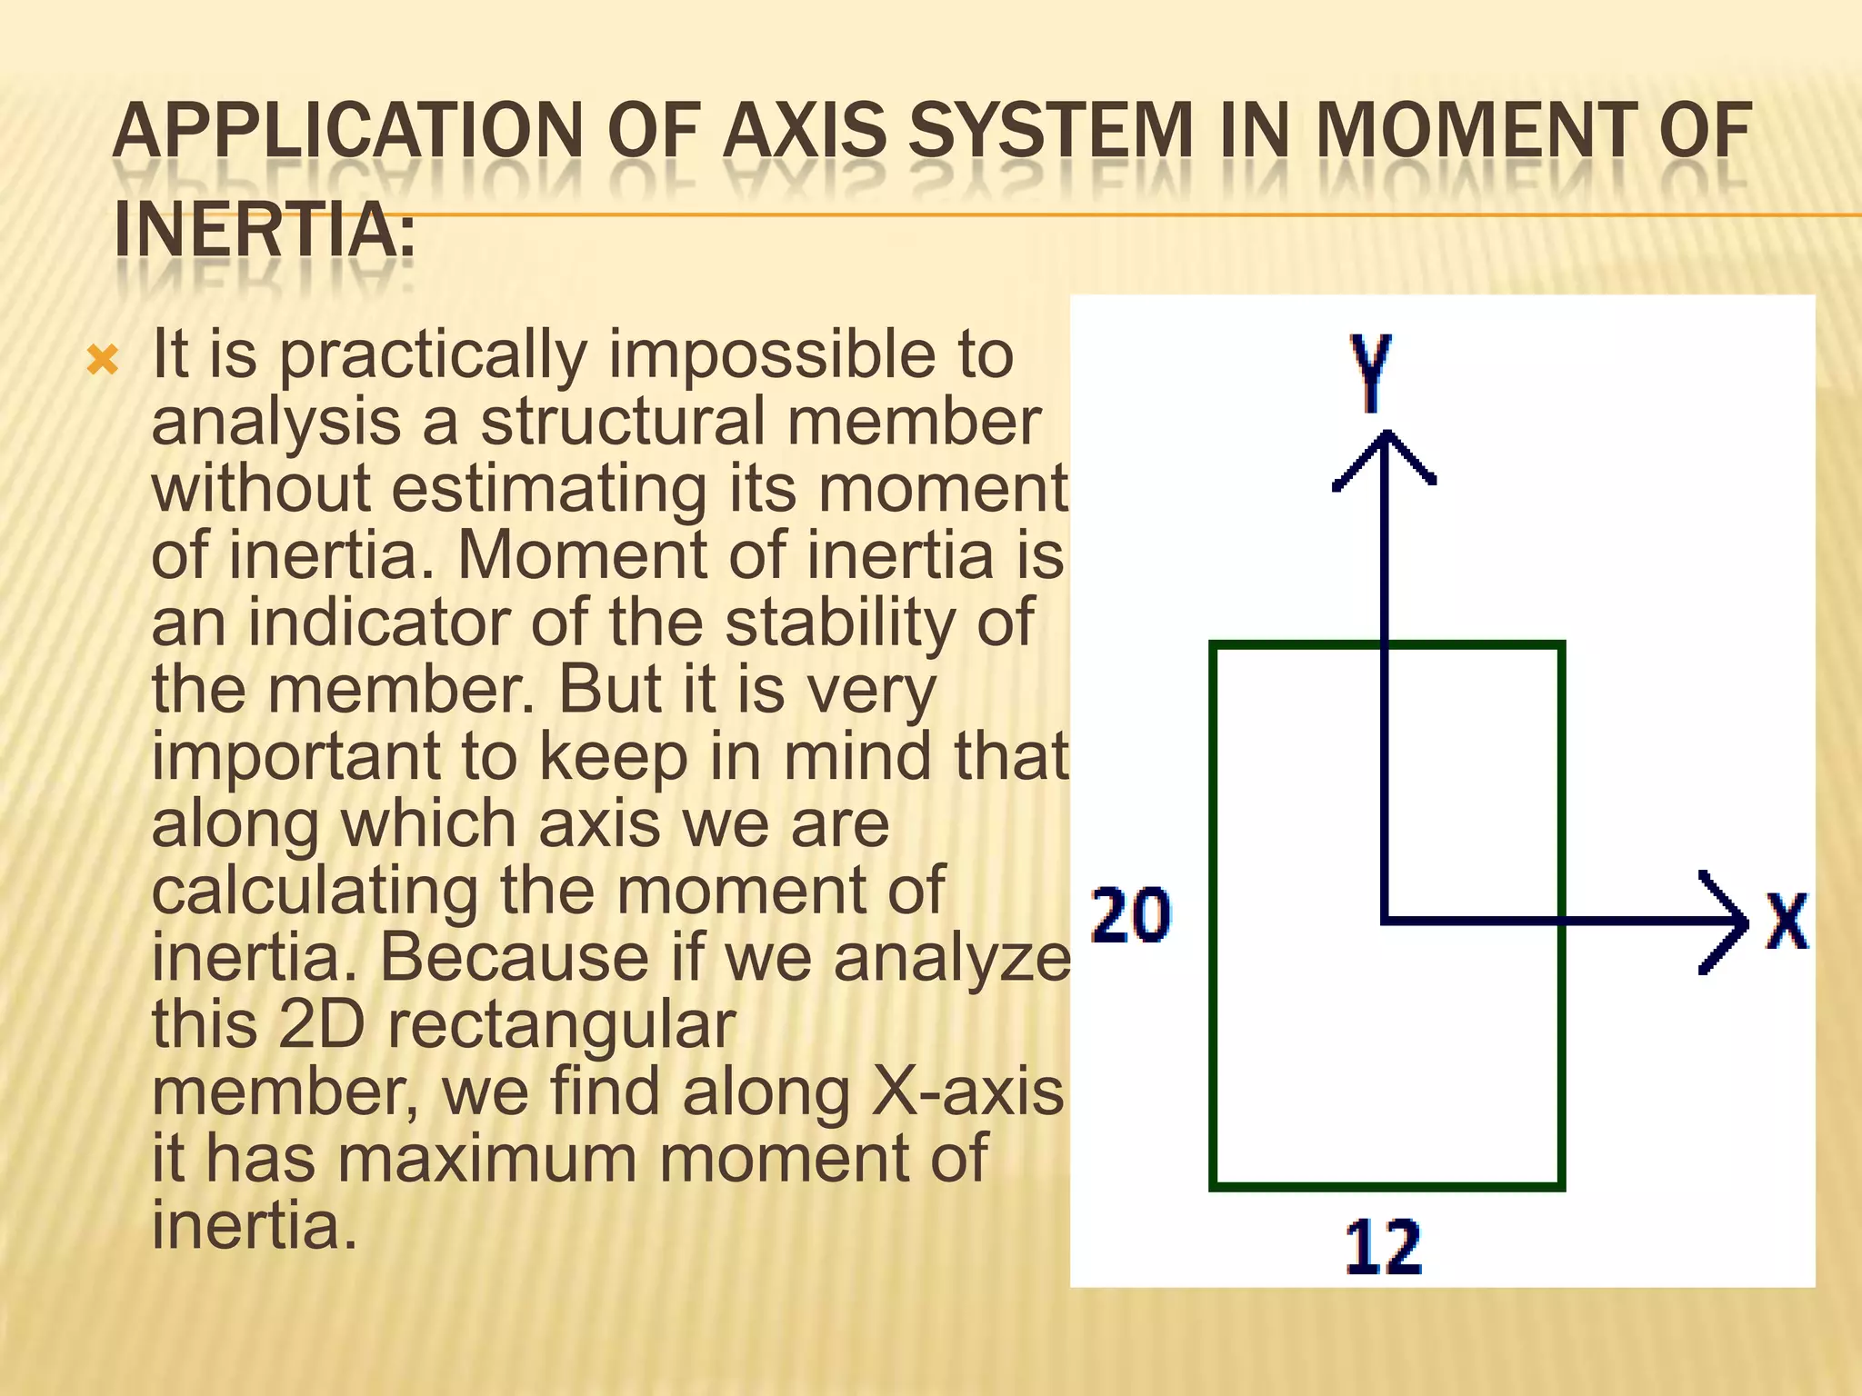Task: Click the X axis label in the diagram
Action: [x=1787, y=922]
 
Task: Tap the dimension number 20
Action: [x=1131, y=916]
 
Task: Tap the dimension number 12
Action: [x=1383, y=1248]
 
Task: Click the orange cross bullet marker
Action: [x=103, y=361]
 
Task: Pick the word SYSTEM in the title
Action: [x=1050, y=131]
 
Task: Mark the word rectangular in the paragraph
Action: [x=561, y=1024]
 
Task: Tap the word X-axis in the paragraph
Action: [x=967, y=1092]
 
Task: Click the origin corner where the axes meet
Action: [x=1384, y=923]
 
